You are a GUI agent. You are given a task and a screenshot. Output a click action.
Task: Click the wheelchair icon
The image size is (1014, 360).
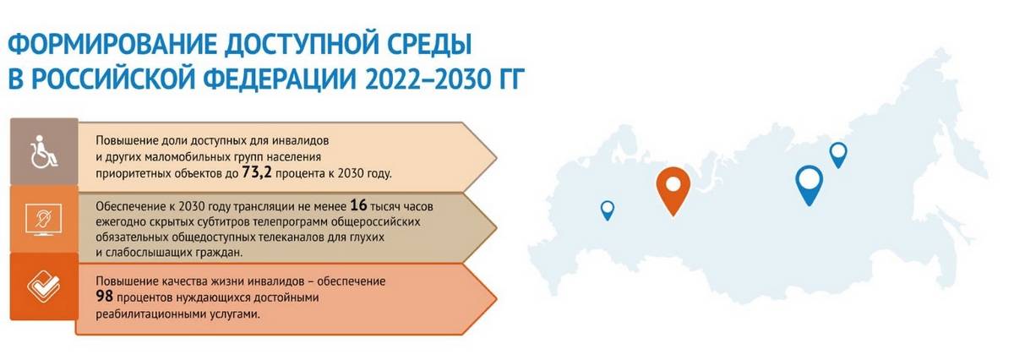43,152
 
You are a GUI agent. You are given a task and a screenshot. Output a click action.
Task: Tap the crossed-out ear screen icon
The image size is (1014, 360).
43,220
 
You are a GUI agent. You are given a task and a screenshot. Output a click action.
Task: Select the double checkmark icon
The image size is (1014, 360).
44,287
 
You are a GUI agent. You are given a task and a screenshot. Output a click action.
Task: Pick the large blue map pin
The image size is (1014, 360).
809,183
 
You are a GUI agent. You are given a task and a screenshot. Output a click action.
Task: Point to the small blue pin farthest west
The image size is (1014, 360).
608,210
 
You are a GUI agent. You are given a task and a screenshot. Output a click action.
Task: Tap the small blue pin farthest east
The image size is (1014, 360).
838,153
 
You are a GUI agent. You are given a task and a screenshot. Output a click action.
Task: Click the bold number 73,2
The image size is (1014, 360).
257,172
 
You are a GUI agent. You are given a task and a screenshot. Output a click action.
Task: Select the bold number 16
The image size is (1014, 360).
358,205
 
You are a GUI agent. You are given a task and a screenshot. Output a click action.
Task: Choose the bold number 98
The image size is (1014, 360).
104,297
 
